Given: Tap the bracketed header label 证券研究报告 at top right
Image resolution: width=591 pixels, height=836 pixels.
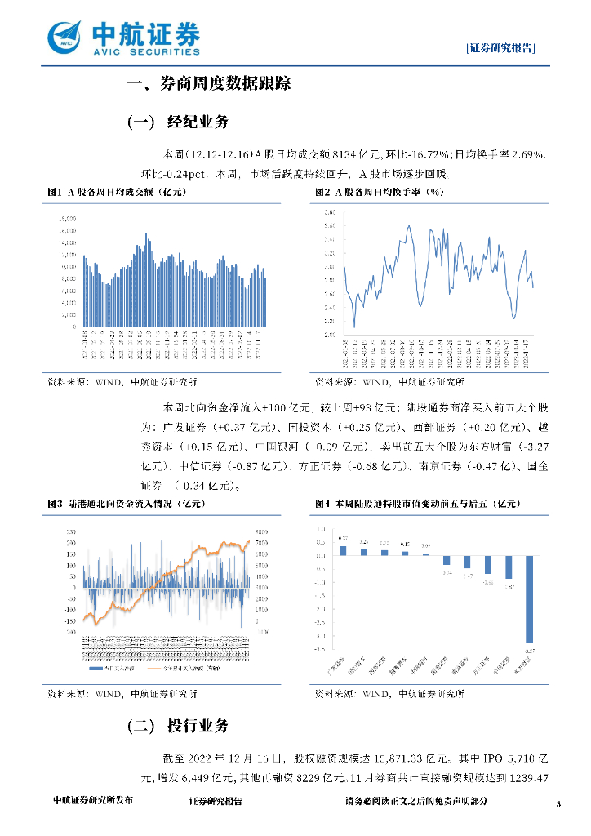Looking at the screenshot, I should [501, 48].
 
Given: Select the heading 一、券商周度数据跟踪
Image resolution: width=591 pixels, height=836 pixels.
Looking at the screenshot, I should [209, 83].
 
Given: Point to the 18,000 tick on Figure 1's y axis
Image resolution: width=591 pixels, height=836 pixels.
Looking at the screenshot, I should [68, 219].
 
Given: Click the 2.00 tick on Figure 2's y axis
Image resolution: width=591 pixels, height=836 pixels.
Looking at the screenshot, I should [331, 334].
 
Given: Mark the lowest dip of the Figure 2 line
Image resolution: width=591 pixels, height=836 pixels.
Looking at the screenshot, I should [354, 325].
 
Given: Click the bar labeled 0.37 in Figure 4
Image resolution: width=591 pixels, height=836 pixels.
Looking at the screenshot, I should [343, 550].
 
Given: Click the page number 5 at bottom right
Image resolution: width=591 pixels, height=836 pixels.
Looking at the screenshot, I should [558, 803].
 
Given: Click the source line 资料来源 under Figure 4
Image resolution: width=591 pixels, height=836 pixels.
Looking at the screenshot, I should [389, 694].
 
